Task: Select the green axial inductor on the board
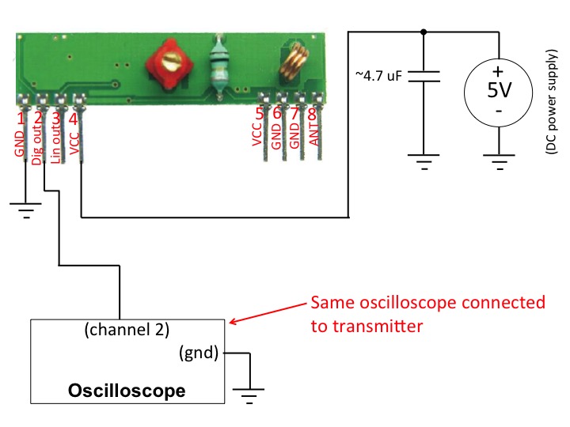pyautogui.click(x=219, y=66)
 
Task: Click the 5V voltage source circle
pyautogui.click(x=499, y=93)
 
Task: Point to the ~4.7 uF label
pyautogui.click(x=378, y=76)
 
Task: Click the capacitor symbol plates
pyautogui.click(x=424, y=76)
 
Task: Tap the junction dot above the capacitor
pyautogui.click(x=424, y=32)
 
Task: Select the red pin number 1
pyautogui.click(x=21, y=118)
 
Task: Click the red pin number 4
pyautogui.click(x=74, y=119)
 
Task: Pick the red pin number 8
pyautogui.click(x=312, y=114)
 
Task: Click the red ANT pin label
pyautogui.click(x=314, y=134)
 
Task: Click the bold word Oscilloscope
pyautogui.click(x=127, y=391)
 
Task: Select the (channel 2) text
pyautogui.click(x=127, y=330)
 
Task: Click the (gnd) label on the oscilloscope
pyautogui.click(x=199, y=353)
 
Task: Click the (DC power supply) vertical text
pyautogui.click(x=551, y=102)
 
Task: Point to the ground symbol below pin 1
pyautogui.click(x=25, y=210)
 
